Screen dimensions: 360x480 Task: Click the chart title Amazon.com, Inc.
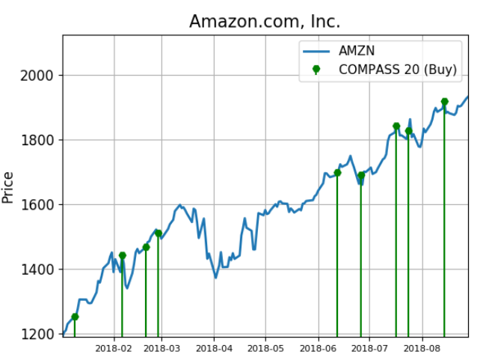click(265, 22)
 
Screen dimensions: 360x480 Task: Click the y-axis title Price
click(9, 187)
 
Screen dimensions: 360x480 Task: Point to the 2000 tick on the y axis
click(39, 76)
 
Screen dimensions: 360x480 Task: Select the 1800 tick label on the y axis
click(39, 140)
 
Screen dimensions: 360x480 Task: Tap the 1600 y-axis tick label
click(39, 204)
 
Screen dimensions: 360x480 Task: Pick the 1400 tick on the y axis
click(39, 269)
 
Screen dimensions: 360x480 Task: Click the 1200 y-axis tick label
click(39, 334)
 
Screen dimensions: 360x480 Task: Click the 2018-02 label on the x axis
click(114, 348)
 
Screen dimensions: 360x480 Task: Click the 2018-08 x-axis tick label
click(422, 348)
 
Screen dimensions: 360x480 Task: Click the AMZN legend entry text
click(357, 51)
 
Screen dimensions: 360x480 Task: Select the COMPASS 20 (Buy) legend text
click(398, 70)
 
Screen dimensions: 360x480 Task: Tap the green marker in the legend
click(316, 69)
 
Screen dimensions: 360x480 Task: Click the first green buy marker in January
click(75, 317)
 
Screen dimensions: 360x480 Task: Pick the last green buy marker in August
click(444, 102)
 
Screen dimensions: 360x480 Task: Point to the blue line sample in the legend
click(316, 51)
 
